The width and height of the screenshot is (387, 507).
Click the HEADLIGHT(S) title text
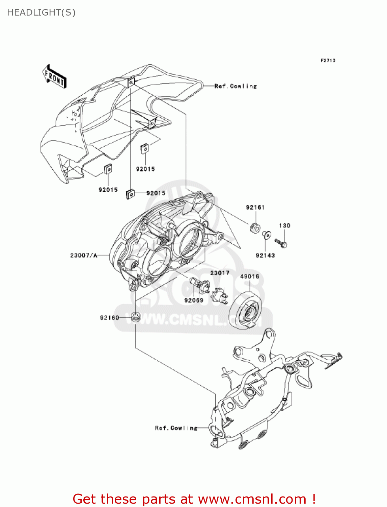point(41,13)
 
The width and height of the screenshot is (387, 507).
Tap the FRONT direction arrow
point(54,76)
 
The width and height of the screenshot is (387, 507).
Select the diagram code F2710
point(328,61)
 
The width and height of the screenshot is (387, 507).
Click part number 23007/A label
point(84,255)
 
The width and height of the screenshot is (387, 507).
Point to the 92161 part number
point(255,207)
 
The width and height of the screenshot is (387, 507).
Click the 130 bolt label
point(285,225)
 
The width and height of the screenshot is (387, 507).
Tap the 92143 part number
point(265,255)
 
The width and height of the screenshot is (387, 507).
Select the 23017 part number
point(220,273)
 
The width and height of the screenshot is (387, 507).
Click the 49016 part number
point(250,276)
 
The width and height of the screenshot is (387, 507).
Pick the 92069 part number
point(194,300)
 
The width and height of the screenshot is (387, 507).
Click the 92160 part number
point(109,318)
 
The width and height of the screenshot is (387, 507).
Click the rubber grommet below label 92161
point(255,227)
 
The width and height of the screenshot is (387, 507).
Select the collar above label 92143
point(267,235)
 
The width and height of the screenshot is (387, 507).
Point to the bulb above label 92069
point(200,285)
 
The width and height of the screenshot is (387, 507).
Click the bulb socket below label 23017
point(220,296)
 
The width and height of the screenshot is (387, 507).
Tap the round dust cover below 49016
point(246,310)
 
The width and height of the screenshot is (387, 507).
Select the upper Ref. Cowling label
point(236,86)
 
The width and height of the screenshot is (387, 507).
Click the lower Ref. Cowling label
point(176,428)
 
